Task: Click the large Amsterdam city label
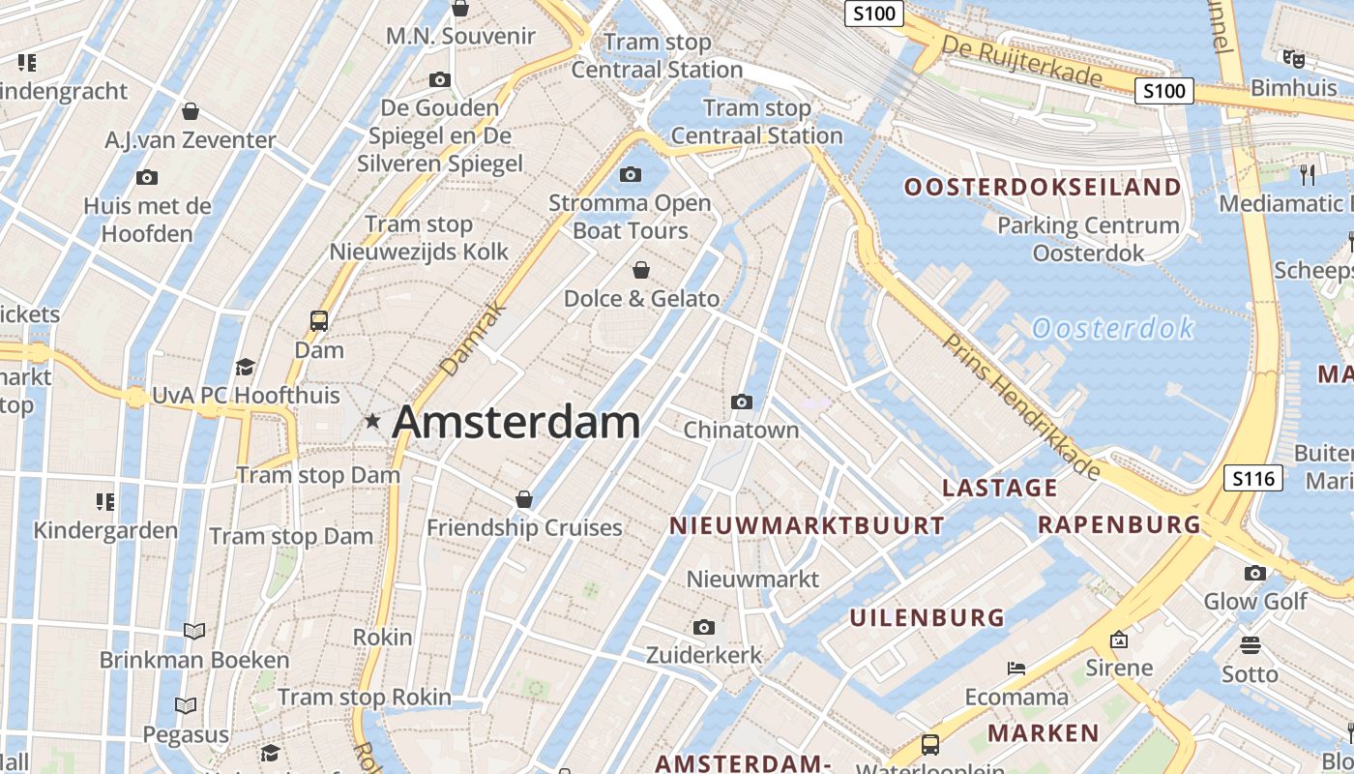[515, 423]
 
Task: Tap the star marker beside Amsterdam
[372, 421]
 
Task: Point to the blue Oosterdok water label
[1113, 329]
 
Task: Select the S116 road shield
[1252, 477]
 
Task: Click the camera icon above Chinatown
[742, 402]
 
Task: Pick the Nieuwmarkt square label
[752, 579]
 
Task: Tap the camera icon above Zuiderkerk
[704, 627]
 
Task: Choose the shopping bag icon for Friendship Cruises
[524, 499]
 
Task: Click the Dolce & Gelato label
[641, 298]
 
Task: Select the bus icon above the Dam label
[319, 320]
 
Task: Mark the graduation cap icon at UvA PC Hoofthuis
[246, 367]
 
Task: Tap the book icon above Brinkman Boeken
[194, 632]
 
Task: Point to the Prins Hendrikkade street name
[1021, 407]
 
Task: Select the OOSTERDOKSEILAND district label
[1043, 187]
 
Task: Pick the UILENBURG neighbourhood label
[927, 616]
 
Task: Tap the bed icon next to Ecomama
[1015, 668]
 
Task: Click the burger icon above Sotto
[1251, 644]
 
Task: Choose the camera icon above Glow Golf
[1255, 573]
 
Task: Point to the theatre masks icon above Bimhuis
[1293, 59]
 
